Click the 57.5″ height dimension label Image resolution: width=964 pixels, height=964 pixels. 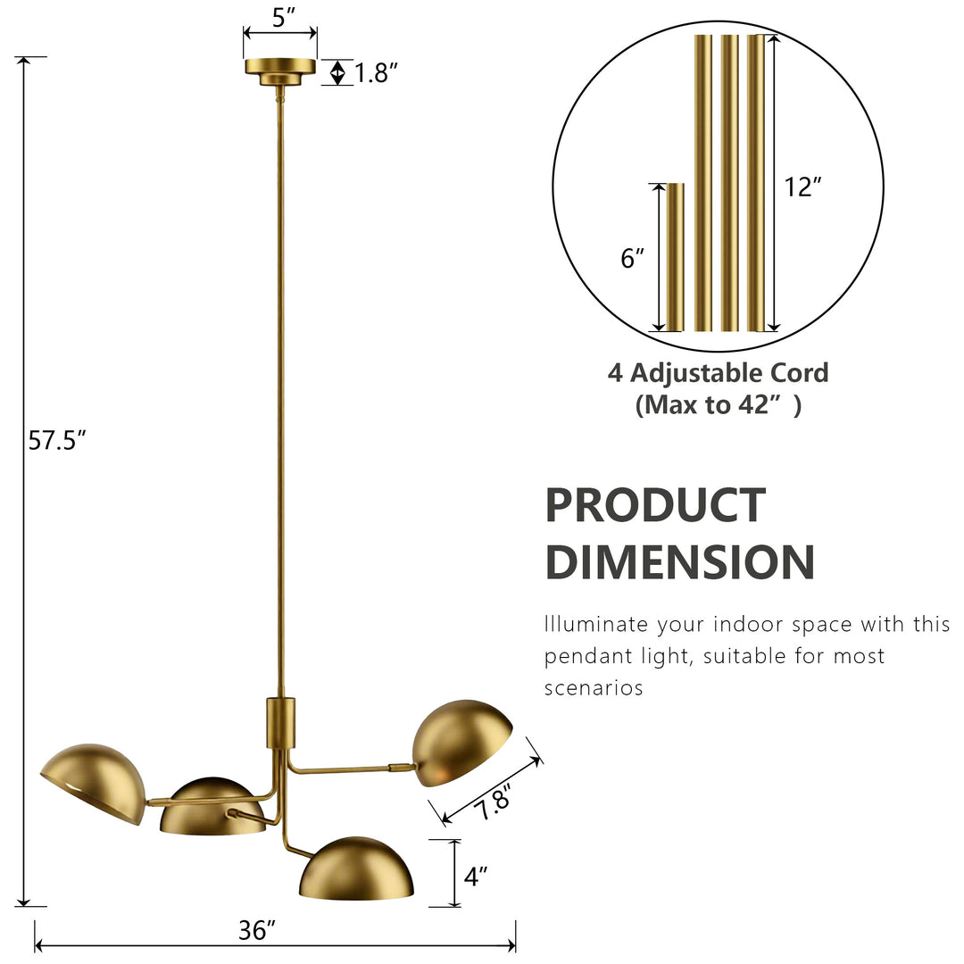[57, 441]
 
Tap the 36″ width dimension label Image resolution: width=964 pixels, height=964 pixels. [257, 930]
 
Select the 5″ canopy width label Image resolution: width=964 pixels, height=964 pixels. [284, 18]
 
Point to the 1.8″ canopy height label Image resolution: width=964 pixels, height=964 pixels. [377, 73]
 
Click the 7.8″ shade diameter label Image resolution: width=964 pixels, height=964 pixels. [494, 803]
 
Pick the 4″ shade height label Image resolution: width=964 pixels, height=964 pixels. [475, 877]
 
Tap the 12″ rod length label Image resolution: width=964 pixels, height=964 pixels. [803, 187]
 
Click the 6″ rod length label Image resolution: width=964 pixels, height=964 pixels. [632, 258]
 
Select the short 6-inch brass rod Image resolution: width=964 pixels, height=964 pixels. [675, 257]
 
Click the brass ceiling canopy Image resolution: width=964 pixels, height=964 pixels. [280, 72]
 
